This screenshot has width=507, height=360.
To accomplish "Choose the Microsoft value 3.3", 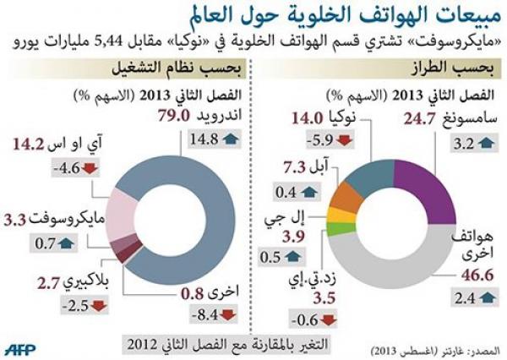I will pyautogui.click(x=14, y=221).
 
